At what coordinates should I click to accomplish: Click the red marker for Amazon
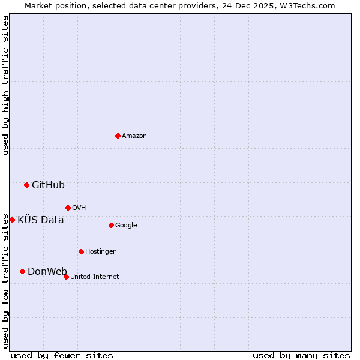(x=118, y=136)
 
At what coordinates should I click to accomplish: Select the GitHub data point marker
(x=26, y=185)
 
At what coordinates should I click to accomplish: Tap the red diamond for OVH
(x=68, y=208)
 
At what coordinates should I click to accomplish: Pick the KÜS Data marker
(x=12, y=220)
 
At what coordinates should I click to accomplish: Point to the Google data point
(x=111, y=225)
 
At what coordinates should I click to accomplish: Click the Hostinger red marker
(x=81, y=251)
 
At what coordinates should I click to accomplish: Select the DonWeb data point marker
(x=22, y=271)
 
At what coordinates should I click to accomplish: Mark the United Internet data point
(x=66, y=277)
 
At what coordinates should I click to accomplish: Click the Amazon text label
(x=134, y=136)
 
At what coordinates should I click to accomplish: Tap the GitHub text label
(x=48, y=185)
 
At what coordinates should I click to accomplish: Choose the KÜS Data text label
(x=40, y=220)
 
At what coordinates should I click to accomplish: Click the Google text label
(x=126, y=226)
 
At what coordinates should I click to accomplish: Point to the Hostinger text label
(x=100, y=252)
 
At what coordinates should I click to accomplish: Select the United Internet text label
(x=95, y=277)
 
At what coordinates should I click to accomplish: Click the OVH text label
(x=79, y=208)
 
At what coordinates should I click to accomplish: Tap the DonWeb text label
(x=47, y=272)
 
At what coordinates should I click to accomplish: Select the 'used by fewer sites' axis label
(x=62, y=355)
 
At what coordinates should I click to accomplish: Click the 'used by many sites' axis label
(x=301, y=355)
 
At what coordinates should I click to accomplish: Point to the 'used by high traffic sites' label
(x=6, y=85)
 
